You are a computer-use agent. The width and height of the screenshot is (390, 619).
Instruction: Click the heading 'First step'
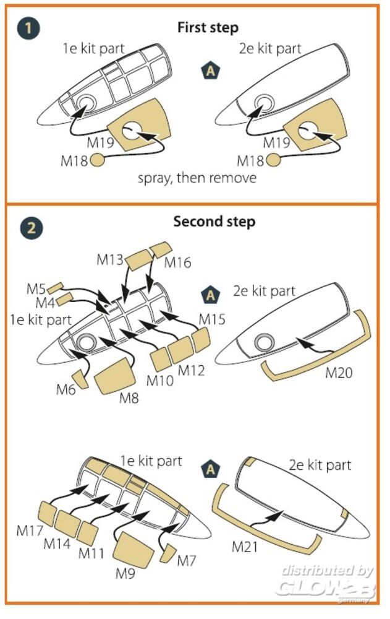pos(208,28)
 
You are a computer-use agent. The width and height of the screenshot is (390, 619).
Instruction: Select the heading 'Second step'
pos(214,222)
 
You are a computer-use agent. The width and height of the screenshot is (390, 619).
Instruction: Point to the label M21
pos(246,547)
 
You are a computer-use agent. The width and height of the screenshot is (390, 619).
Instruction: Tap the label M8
pos(129,398)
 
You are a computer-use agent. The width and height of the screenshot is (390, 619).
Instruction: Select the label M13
pos(111,260)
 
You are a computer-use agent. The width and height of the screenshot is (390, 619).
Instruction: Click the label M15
pos(211,320)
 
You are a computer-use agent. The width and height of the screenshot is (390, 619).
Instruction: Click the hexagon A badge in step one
pos(211,71)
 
